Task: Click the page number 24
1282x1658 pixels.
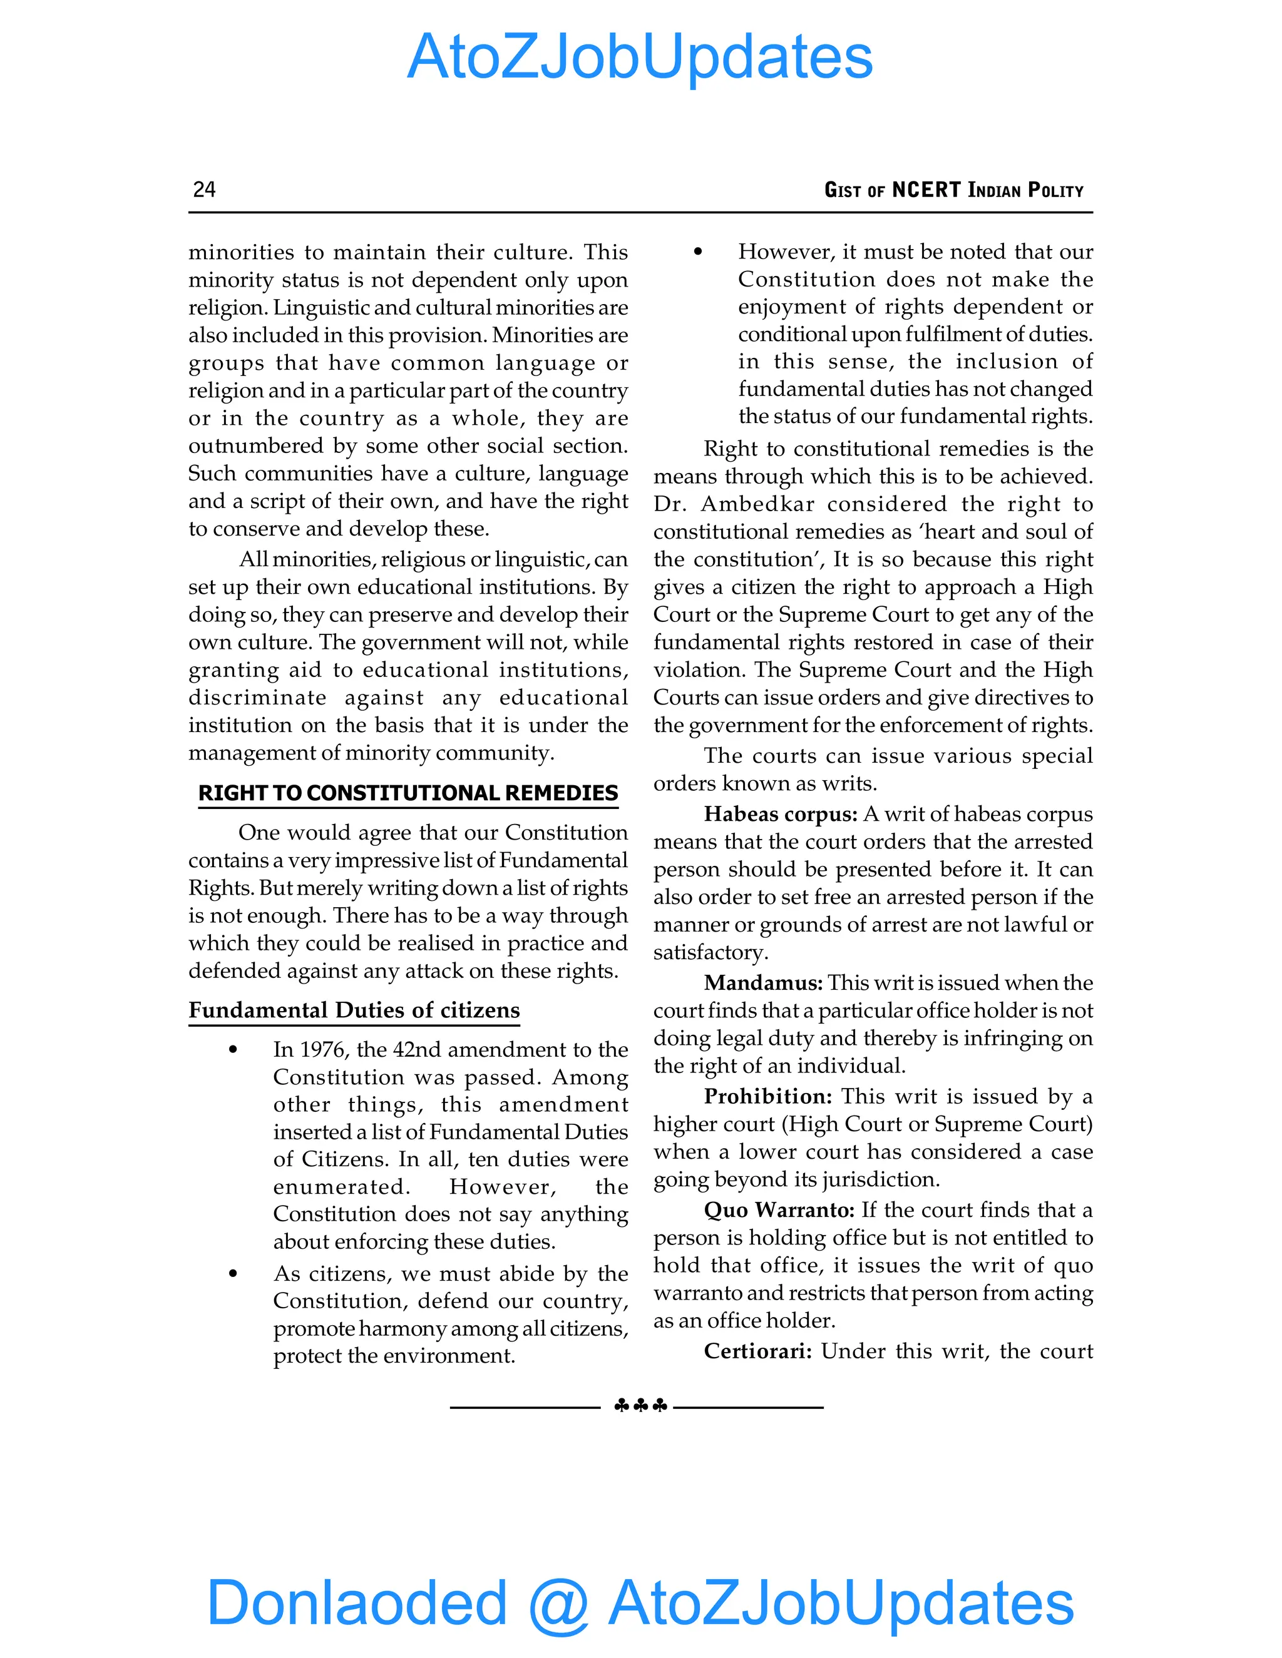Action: click(x=204, y=189)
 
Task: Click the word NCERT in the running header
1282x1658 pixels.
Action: click(x=926, y=190)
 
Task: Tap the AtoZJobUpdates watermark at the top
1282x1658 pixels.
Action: click(x=640, y=57)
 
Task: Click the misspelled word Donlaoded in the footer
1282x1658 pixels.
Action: click(x=357, y=1602)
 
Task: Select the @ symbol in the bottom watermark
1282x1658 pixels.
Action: click(x=558, y=1604)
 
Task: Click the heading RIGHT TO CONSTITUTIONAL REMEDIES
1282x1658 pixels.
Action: click(x=408, y=793)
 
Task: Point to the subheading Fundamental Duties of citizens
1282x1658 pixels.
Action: click(x=354, y=1010)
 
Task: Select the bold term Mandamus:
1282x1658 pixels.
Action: click(x=762, y=982)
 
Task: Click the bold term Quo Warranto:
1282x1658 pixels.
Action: click(x=779, y=1209)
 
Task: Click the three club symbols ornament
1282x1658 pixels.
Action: click(x=640, y=1406)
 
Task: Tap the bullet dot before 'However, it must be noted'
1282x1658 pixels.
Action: click(x=698, y=252)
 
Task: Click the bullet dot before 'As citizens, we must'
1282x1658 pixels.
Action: click(x=233, y=1274)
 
